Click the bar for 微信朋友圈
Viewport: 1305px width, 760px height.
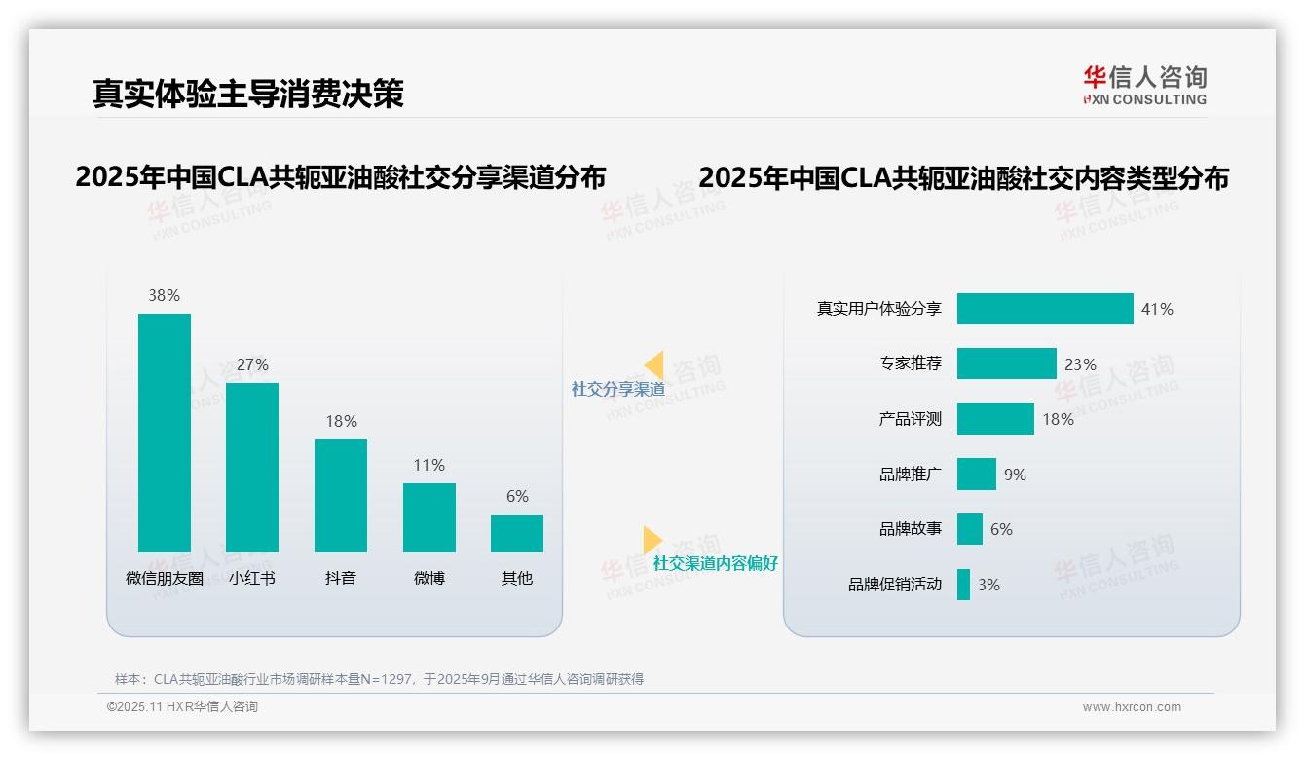[x=164, y=433]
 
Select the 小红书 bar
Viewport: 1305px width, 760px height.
[x=252, y=468]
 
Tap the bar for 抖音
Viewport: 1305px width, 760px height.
[x=340, y=496]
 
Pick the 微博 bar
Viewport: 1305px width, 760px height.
[x=429, y=517]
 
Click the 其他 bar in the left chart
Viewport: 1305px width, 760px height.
[x=516, y=534]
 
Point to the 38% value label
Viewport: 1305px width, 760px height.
[x=164, y=295]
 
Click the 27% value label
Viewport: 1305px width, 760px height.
[x=252, y=364]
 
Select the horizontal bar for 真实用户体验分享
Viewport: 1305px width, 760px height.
[x=1044, y=309]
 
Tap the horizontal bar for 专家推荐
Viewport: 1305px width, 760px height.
[x=1006, y=363]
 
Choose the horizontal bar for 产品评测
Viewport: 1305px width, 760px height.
[x=994, y=419]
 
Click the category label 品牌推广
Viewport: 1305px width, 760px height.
[x=910, y=475]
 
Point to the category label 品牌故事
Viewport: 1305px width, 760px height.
[x=910, y=529]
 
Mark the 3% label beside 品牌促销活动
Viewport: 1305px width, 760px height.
[x=988, y=585]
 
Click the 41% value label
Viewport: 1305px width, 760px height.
[x=1157, y=309]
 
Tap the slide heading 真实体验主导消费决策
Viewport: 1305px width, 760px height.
[x=247, y=93]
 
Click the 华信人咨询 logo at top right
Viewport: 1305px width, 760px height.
[x=1144, y=85]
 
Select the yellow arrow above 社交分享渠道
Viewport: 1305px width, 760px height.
[x=653, y=364]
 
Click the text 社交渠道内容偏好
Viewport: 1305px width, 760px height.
[x=715, y=563]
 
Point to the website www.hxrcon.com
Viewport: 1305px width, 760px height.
[x=1131, y=707]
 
